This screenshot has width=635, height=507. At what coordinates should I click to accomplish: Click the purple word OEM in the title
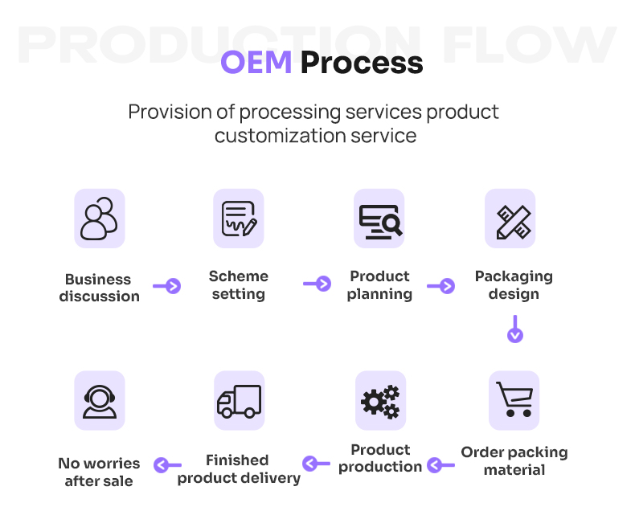tap(256, 62)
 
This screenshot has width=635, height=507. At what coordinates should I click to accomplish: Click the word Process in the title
tap(362, 62)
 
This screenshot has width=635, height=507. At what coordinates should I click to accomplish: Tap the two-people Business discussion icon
tap(100, 218)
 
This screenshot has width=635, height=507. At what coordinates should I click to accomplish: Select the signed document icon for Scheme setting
tap(239, 218)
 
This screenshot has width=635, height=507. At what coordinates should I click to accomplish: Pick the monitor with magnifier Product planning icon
tap(379, 218)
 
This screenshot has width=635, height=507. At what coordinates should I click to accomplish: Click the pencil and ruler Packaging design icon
tap(512, 219)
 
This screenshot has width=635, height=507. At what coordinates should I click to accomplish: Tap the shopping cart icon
tap(514, 399)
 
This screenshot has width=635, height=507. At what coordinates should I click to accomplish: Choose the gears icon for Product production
tap(380, 400)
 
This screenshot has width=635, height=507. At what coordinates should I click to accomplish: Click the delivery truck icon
tap(239, 400)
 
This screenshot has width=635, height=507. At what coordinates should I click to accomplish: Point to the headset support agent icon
tap(100, 400)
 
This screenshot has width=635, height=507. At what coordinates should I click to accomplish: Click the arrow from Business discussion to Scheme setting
tap(167, 285)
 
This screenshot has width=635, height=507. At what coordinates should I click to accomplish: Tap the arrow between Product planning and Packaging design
tap(441, 285)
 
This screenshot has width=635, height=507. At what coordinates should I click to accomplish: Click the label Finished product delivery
tap(239, 469)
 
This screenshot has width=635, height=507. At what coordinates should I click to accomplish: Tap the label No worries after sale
tap(99, 472)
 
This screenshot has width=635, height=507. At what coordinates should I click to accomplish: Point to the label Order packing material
tap(514, 460)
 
